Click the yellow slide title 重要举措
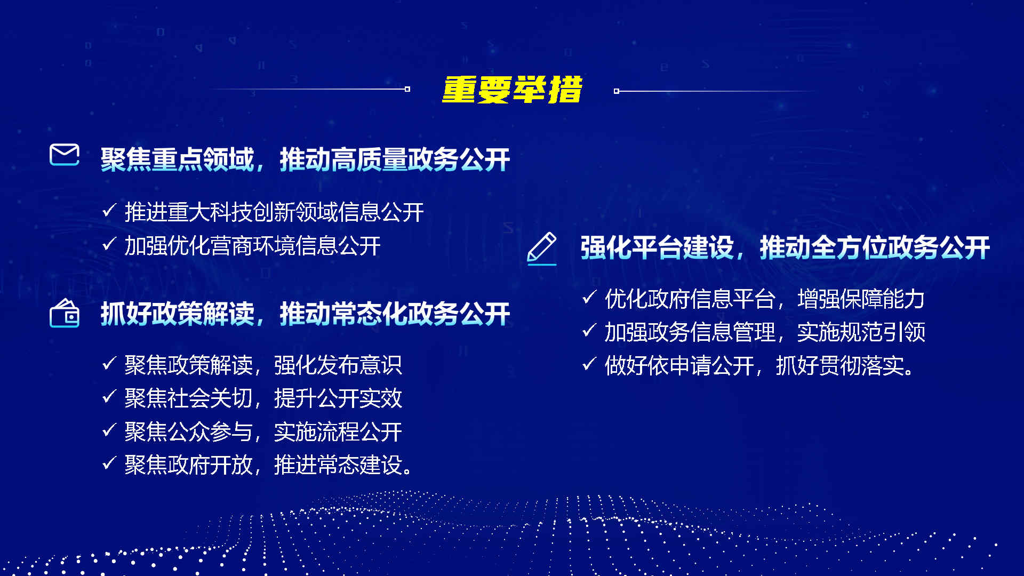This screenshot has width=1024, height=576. pos(512,89)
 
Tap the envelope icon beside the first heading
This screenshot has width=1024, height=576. pos(65,155)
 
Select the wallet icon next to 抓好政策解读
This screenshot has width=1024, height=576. pos(65,313)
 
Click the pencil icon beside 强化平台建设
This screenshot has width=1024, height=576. pos(542,249)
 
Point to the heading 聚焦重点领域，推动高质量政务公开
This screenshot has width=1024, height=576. pos(305,159)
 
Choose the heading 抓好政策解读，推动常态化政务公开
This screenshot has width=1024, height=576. pos(305,314)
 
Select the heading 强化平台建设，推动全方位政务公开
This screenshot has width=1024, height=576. pos(785,247)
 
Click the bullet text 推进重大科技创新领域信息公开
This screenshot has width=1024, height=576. pos(274,212)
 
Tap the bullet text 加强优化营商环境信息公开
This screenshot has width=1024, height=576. pos(253,246)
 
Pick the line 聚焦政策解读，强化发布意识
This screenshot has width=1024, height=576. pos(263,365)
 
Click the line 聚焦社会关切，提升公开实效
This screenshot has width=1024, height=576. pos(263,398)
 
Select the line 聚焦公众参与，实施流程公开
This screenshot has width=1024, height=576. pos(263,432)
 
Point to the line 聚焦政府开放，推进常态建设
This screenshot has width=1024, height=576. pos(269,465)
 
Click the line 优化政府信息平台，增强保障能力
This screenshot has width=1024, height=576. pos(765,299)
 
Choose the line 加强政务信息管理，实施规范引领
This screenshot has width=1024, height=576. pos(765,332)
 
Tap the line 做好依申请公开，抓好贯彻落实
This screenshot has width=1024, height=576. pos(759,366)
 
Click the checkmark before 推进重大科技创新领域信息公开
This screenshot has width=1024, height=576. pos(109,211)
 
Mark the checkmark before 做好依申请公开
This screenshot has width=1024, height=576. pos(589,364)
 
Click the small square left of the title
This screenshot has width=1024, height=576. pos(407,89)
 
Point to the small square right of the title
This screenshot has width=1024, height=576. pos(617,91)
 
